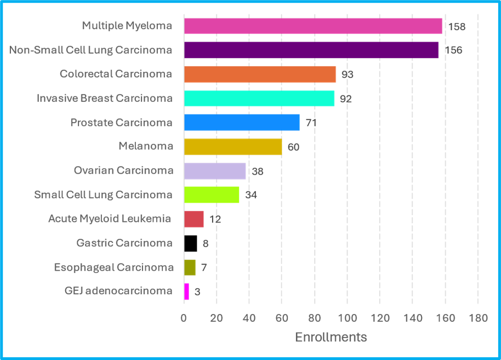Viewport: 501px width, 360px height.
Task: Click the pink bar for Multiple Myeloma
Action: coord(313,26)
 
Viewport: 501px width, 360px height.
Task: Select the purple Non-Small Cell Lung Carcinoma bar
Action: coord(311,50)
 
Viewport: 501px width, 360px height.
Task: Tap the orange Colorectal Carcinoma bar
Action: coord(260,74)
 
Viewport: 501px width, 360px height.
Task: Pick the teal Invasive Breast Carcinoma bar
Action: coord(259,99)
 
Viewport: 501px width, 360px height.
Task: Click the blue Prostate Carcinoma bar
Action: coord(242,122)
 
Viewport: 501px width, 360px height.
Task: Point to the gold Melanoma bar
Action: coord(233,147)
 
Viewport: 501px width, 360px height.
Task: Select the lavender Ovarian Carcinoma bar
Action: coord(215,171)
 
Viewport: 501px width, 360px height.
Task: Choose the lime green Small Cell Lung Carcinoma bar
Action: coord(212,195)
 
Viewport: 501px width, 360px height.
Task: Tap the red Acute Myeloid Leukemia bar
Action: coord(194,219)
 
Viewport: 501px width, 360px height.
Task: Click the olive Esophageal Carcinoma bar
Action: coord(190,267)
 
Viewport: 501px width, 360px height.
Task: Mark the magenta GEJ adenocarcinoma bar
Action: coord(186,291)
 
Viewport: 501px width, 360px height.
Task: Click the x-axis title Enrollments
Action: coord(331,337)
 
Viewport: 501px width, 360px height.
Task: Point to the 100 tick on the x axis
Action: coord(347,318)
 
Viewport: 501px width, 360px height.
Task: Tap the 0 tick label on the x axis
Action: coord(184,318)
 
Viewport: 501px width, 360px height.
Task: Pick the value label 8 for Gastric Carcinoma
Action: coord(206,244)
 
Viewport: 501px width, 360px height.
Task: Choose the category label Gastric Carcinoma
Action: coord(124,243)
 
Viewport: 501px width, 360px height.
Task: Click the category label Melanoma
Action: coord(145,146)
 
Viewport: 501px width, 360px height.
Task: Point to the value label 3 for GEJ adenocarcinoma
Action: coord(197,292)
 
